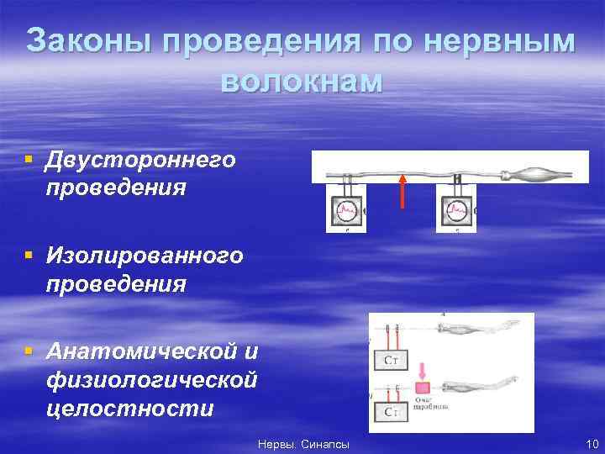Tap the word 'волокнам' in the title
(x=301, y=82)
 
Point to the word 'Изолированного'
(x=145, y=254)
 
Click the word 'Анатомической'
(x=141, y=350)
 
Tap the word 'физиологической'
(x=152, y=380)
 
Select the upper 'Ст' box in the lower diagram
(x=392, y=360)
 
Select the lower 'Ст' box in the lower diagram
(x=392, y=412)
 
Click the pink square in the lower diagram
(x=422, y=388)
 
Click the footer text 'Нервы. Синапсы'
(x=303, y=443)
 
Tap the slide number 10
(x=590, y=443)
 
